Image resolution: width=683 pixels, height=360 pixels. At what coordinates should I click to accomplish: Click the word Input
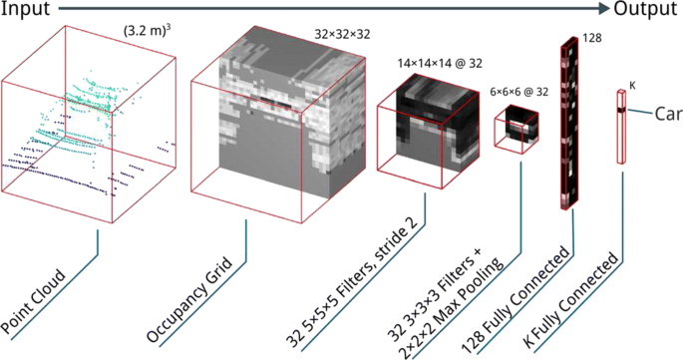pos(25,9)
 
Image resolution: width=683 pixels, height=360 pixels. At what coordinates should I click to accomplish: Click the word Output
pos(645,8)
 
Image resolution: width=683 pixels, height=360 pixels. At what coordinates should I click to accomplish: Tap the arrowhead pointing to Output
pos(604,8)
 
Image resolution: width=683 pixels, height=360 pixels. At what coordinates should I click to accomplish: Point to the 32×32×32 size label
pos(342,34)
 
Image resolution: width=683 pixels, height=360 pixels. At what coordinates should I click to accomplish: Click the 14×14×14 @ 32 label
pos(440,64)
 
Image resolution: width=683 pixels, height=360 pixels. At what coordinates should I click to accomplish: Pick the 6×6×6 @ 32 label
pos(518,93)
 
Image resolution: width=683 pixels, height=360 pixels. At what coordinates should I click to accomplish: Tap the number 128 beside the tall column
pos(592,38)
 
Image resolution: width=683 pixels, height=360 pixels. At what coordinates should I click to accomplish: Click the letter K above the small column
pos(632,86)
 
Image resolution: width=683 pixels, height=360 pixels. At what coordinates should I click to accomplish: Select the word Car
pos(668,115)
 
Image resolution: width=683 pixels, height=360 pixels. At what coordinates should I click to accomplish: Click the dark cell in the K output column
pos(621,110)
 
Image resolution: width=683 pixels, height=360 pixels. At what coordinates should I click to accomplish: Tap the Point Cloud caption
pos(33,303)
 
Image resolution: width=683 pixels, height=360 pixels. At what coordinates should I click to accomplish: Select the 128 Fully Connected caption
pos(514,300)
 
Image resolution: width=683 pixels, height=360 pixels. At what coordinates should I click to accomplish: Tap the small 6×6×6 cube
pos(516,129)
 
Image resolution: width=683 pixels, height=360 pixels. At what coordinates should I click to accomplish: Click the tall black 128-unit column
pos(570,123)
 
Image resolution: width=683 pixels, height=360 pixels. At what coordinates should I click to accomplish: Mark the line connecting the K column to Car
pos(639,113)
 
